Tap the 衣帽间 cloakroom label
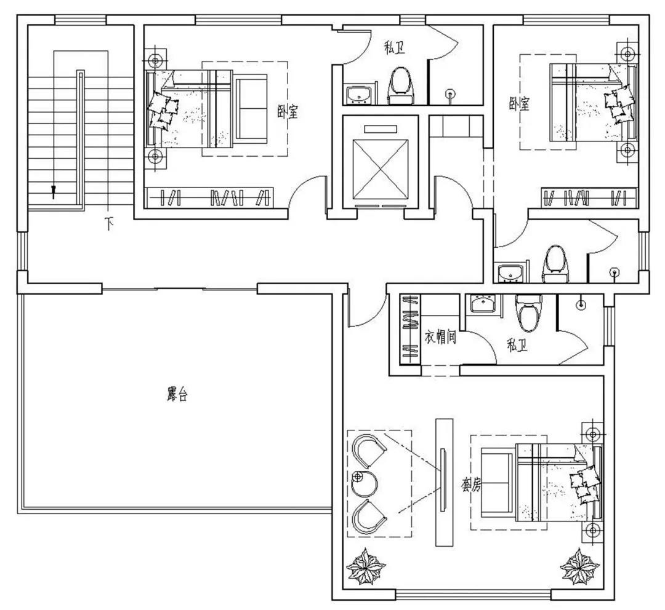(x=441, y=337)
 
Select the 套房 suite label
(x=471, y=485)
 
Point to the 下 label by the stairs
(x=110, y=223)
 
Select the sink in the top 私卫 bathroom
(x=359, y=95)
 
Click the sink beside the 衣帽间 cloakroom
(x=483, y=303)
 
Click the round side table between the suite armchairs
(x=365, y=483)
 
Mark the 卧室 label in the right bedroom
(x=520, y=103)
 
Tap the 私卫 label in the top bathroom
(x=395, y=47)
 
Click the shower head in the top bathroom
(x=449, y=93)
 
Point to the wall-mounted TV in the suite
(x=443, y=480)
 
